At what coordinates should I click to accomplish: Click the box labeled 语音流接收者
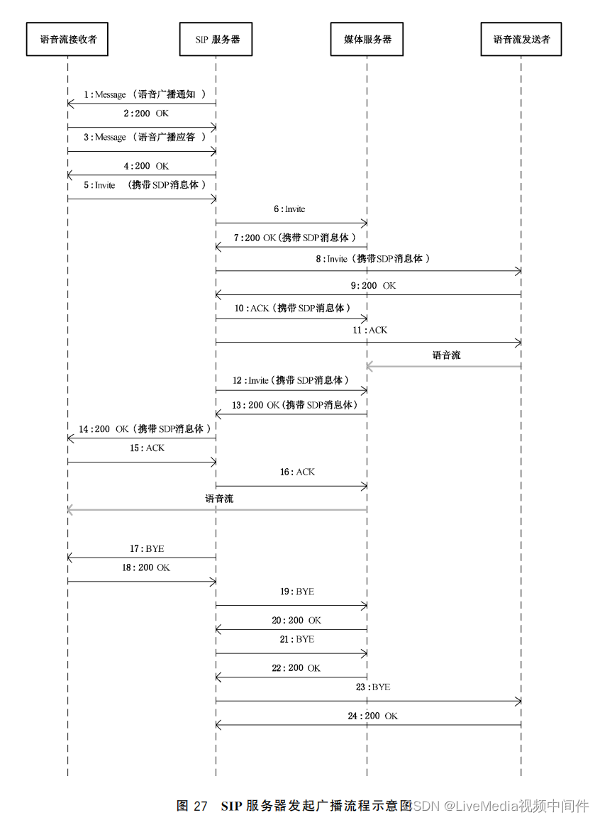click(67, 40)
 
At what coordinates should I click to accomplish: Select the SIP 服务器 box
click(216, 40)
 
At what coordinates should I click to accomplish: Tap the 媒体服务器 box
click(367, 40)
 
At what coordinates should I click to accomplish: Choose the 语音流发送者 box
click(521, 40)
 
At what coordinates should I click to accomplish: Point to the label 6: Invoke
click(291, 209)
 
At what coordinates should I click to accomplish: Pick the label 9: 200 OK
click(374, 285)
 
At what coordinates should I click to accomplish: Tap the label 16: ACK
click(298, 472)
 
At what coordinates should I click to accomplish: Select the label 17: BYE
click(147, 548)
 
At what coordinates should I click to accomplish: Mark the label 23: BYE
click(374, 687)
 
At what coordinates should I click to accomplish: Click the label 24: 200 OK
click(373, 716)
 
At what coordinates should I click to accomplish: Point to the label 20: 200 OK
click(296, 620)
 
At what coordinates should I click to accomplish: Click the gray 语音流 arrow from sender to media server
click(444, 366)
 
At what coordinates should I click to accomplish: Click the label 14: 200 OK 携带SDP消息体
click(145, 429)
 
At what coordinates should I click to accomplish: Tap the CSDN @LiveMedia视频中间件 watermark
click(500, 806)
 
